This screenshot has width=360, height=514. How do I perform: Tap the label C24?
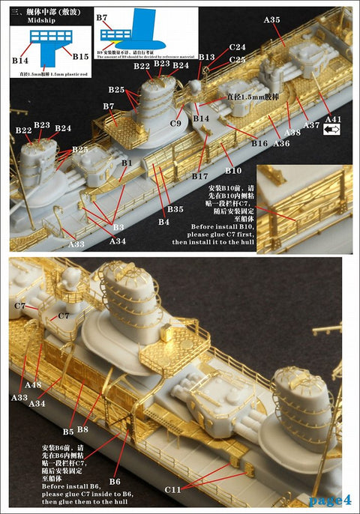[237, 47]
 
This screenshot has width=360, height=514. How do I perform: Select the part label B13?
[207, 57]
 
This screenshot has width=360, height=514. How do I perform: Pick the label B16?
[259, 143]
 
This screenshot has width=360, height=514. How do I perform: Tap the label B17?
[199, 177]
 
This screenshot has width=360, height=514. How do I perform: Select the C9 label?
[177, 122]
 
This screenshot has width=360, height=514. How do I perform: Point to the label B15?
[82, 57]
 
